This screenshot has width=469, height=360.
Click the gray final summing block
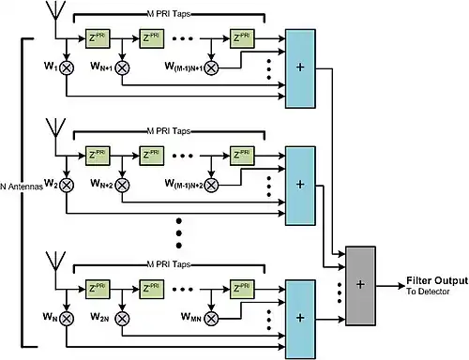(360, 286)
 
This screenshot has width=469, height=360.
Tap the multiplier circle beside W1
(67, 67)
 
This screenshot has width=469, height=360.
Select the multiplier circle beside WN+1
(122, 67)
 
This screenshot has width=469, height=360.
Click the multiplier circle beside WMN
(211, 319)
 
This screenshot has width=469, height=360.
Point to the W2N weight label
(99, 317)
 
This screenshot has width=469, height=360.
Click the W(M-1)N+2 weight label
(184, 184)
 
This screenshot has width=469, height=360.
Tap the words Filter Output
(437, 280)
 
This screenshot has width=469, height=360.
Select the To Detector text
(428, 292)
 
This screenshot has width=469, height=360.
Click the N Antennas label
(22, 187)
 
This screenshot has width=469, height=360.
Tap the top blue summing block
(300, 68)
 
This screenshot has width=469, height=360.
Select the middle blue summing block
(300, 186)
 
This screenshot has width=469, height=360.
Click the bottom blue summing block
(300, 320)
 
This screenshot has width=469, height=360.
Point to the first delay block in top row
(98, 38)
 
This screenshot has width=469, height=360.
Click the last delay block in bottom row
(242, 290)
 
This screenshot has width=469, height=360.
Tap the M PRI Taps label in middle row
(169, 131)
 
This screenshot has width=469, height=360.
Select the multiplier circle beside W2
(67, 185)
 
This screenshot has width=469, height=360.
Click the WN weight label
(50, 317)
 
